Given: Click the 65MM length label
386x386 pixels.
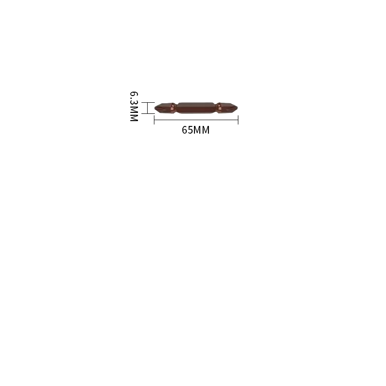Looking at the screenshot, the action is point(196,130).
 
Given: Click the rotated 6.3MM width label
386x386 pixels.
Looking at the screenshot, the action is point(134,106).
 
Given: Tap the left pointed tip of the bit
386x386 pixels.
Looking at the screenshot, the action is point(155,108).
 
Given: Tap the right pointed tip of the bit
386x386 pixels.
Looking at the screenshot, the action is point(237,108).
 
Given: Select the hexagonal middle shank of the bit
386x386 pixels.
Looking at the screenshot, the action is point(196,108).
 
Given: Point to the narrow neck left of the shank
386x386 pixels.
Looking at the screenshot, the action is point(175,108).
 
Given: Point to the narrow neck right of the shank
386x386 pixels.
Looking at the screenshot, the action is point(217,108).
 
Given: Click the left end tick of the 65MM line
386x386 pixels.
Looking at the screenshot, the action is point(154,120).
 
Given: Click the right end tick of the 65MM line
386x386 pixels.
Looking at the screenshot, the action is point(238,120).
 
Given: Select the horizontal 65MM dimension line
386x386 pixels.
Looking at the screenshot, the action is point(196,120).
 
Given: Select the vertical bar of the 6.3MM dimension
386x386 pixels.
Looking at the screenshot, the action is point(148,108).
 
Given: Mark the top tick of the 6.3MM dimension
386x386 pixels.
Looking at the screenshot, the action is point(148,102).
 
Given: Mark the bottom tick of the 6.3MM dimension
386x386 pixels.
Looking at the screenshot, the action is point(148,113).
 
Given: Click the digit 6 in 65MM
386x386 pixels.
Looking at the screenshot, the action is point(185,130).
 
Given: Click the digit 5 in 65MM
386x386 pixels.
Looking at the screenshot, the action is point(190,130).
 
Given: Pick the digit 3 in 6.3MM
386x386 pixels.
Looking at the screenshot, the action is point(134,102).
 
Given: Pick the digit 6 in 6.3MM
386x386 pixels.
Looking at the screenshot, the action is point(134,94).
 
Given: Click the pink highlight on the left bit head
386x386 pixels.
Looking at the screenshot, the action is point(172,107).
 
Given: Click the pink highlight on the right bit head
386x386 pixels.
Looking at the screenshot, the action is point(219,107).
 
